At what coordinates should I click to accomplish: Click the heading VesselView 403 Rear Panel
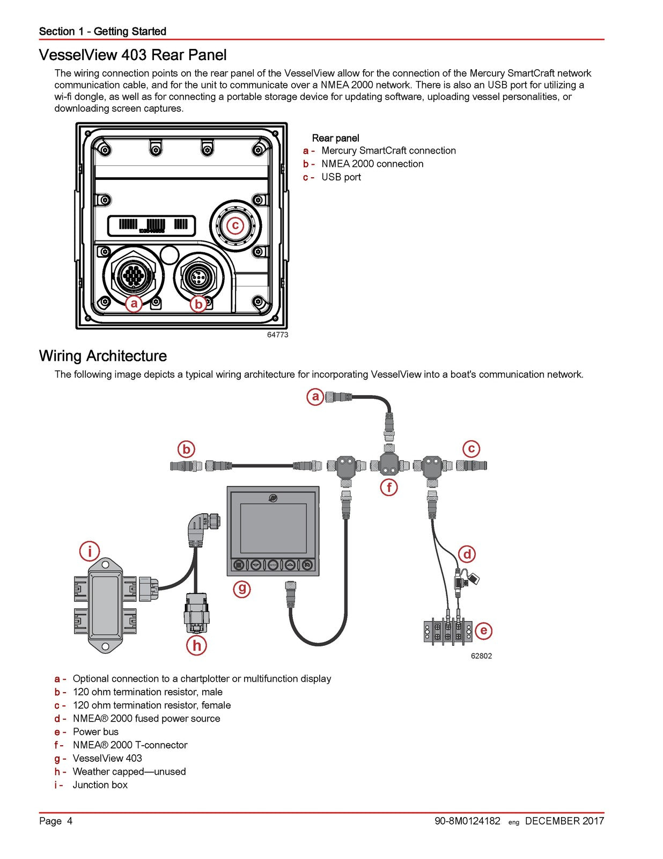[132, 55]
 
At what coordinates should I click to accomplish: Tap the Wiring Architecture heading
[102, 356]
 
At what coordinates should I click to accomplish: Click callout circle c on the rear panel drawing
[235, 225]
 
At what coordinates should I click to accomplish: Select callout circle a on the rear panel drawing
[134, 304]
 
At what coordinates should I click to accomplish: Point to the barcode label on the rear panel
[152, 225]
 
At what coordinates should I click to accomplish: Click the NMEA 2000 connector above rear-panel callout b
[197, 276]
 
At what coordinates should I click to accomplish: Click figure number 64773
[277, 334]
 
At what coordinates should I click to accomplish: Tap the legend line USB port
[341, 177]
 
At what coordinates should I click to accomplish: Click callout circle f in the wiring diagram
[388, 487]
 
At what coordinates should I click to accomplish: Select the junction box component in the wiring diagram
[106, 605]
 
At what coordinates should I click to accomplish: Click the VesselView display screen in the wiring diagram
[273, 529]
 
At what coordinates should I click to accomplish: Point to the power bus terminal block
[447, 631]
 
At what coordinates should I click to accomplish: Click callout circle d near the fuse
[467, 554]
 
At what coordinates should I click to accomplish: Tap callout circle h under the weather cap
[197, 645]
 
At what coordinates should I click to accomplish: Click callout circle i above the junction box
[90, 551]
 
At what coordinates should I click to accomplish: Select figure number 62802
[481, 656]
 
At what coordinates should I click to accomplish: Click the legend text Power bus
[95, 732]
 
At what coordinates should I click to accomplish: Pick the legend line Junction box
[100, 785]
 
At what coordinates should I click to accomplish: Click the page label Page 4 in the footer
[56, 821]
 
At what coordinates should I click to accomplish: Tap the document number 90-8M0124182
[467, 821]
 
